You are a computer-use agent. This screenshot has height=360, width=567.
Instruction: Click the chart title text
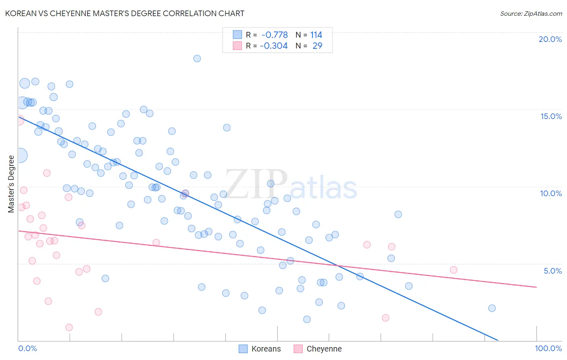(x=125, y=13)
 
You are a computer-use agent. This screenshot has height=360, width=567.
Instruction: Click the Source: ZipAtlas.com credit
(x=531, y=13)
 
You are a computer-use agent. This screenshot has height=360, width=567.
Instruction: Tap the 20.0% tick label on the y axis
(x=550, y=39)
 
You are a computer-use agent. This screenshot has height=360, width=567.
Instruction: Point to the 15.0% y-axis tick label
(x=551, y=116)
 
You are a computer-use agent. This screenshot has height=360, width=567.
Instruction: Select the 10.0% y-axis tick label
(x=551, y=193)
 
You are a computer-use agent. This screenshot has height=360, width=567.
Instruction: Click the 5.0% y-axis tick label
(x=552, y=271)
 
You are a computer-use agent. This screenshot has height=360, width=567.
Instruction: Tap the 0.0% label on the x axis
(x=27, y=348)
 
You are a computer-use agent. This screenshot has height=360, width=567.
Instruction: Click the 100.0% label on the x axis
(x=548, y=348)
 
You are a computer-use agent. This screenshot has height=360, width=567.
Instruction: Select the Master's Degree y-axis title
(x=11, y=184)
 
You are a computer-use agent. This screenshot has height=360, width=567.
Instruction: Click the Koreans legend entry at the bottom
(x=266, y=349)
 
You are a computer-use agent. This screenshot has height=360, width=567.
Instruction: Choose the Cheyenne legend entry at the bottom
(x=324, y=349)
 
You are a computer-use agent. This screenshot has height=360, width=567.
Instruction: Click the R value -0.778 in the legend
(x=275, y=35)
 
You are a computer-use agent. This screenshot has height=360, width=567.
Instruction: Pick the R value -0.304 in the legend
(x=274, y=46)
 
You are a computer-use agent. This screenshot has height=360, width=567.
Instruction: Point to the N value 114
(x=316, y=35)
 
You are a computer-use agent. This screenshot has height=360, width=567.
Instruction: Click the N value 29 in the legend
(x=317, y=46)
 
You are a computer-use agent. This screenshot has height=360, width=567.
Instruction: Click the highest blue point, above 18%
(x=197, y=59)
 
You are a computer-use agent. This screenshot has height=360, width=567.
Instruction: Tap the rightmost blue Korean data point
(x=492, y=308)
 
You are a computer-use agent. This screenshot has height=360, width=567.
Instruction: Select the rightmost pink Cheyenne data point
(x=453, y=270)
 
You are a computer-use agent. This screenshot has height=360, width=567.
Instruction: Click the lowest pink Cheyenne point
(x=69, y=327)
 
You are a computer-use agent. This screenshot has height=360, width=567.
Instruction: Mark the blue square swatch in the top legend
(x=237, y=35)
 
